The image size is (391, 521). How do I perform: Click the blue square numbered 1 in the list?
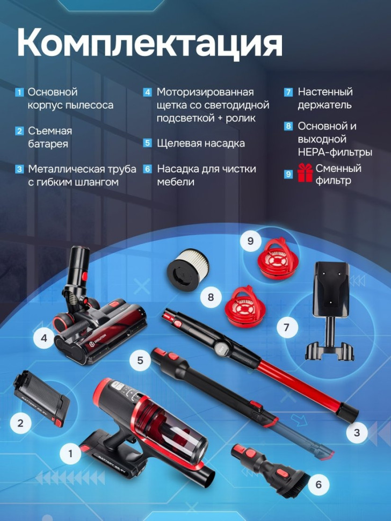pos(19,92)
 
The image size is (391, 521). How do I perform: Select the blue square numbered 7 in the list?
pos(288,92)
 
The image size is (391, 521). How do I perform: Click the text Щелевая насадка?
pos(201,143)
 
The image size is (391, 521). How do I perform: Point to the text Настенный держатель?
pos(325,98)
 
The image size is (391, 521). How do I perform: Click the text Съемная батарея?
pos(49,138)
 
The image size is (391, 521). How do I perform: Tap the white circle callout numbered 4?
pos(44,338)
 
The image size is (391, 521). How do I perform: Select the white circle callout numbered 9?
pos(250,241)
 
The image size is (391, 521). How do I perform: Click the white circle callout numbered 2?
pos(20,422)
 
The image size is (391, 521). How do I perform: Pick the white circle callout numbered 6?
pos(318,484)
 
